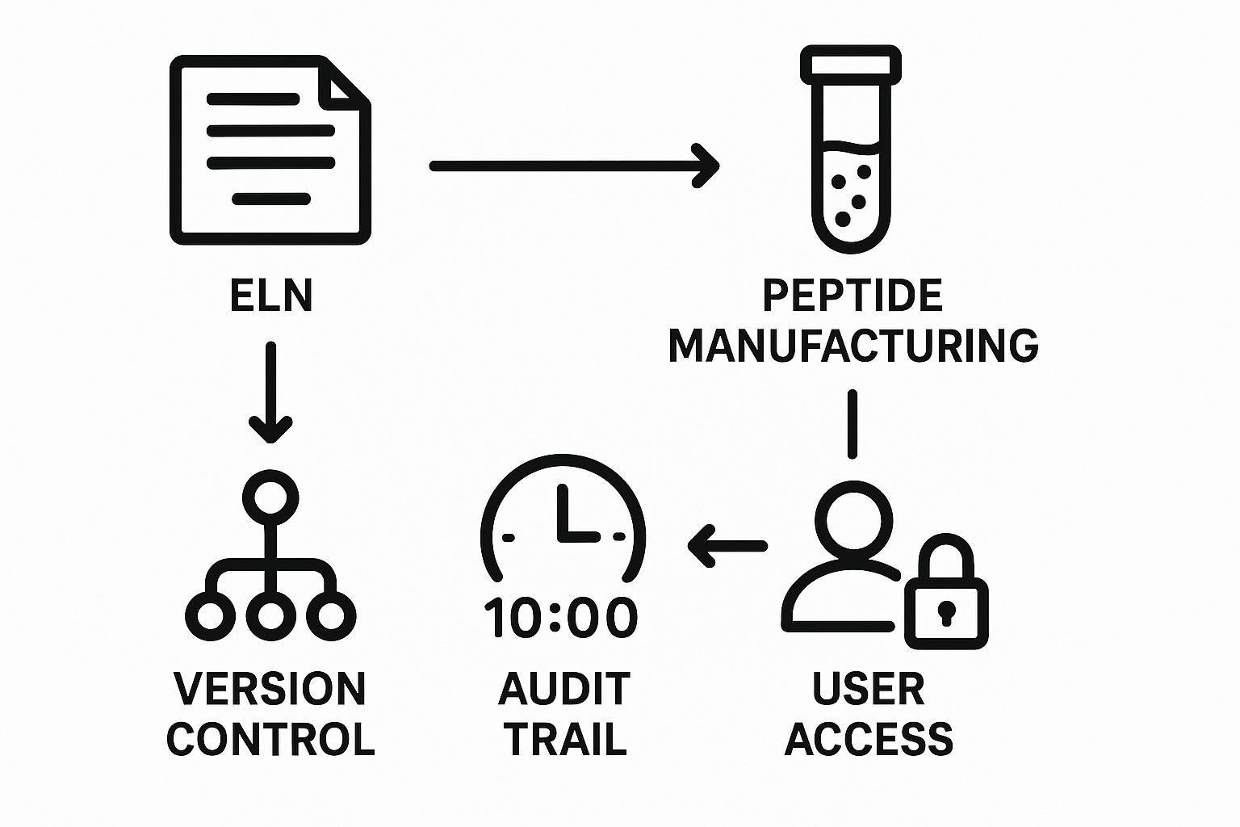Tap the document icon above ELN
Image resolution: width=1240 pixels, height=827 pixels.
(x=270, y=150)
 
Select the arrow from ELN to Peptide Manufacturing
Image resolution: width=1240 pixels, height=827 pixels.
(x=573, y=166)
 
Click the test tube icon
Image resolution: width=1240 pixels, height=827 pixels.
(x=850, y=150)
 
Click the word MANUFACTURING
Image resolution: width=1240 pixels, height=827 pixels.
(x=852, y=346)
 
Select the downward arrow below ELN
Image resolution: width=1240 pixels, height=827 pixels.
(x=270, y=393)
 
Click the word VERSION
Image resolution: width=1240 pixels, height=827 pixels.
(x=270, y=689)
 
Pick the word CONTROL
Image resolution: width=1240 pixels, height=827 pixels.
(x=270, y=739)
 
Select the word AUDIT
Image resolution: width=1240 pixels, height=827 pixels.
(x=564, y=689)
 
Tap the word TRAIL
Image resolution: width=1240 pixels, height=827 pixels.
(x=564, y=739)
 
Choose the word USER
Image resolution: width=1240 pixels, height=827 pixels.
(x=869, y=689)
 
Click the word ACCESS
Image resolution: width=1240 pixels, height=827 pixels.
(x=869, y=739)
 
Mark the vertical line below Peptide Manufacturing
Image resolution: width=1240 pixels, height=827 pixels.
(x=852, y=425)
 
